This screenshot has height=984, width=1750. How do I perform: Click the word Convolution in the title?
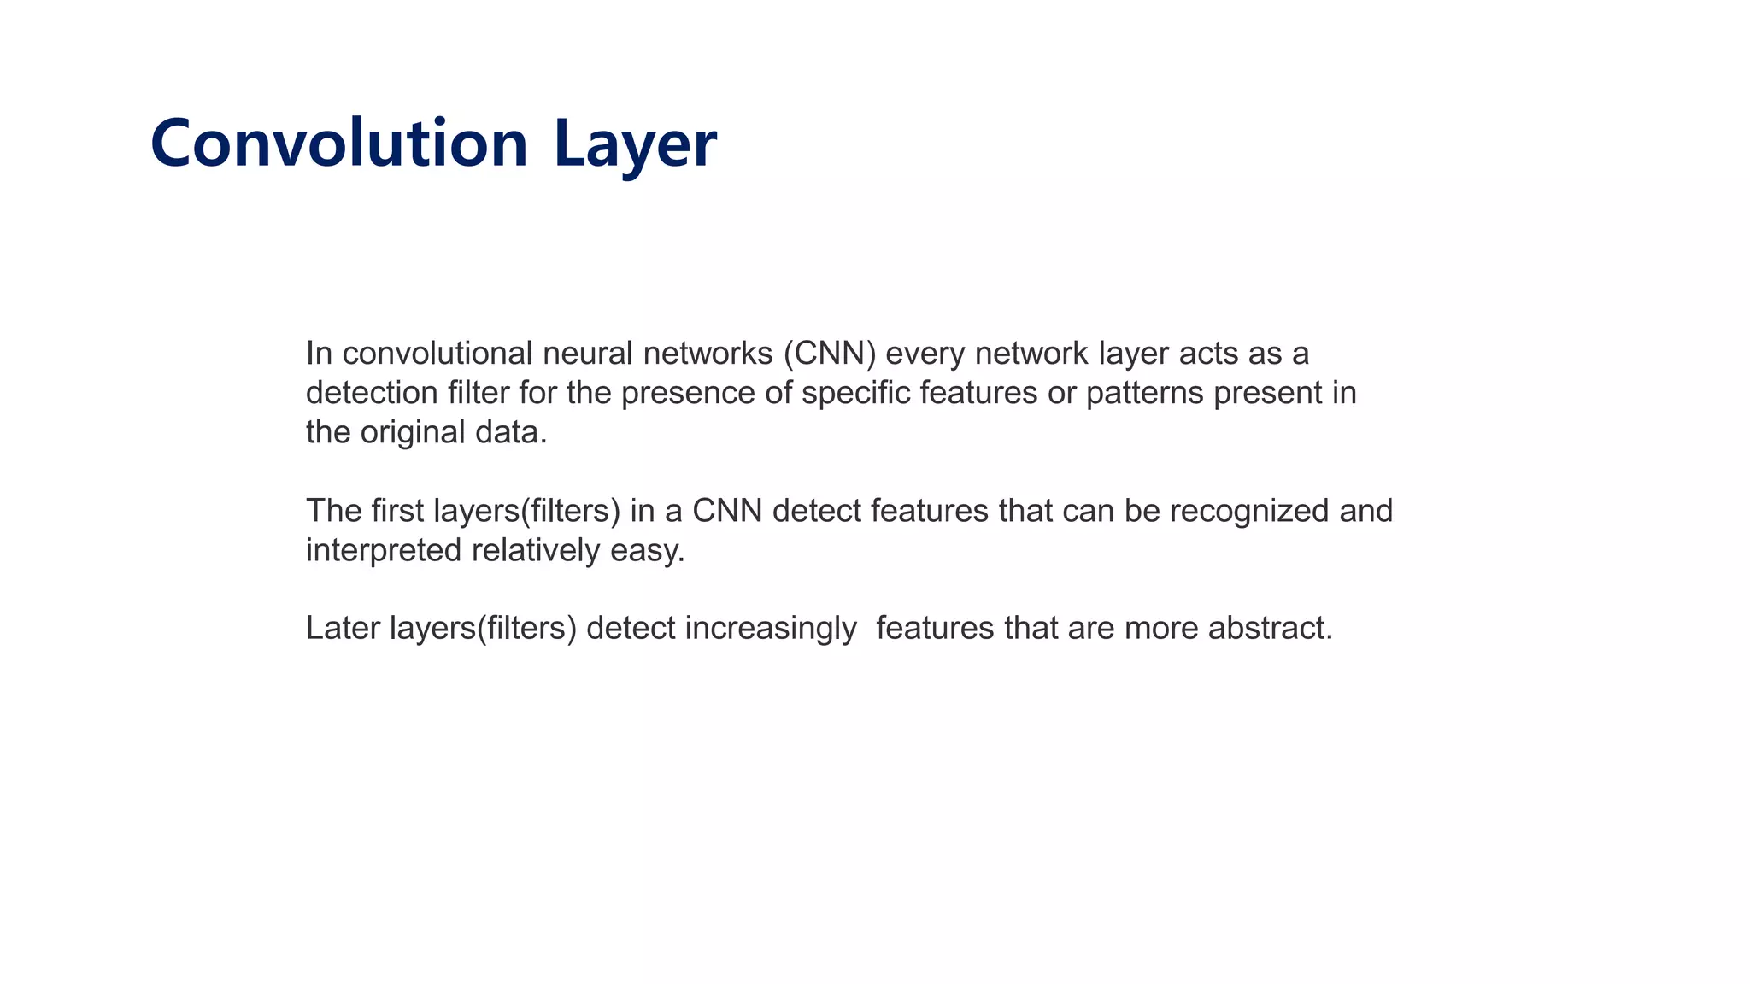(x=338, y=143)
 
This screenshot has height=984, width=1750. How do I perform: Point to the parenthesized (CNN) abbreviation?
(x=830, y=353)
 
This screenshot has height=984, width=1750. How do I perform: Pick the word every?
(x=925, y=353)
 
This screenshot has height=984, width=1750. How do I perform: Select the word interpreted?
(x=384, y=550)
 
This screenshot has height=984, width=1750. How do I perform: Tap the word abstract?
(x=1270, y=628)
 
